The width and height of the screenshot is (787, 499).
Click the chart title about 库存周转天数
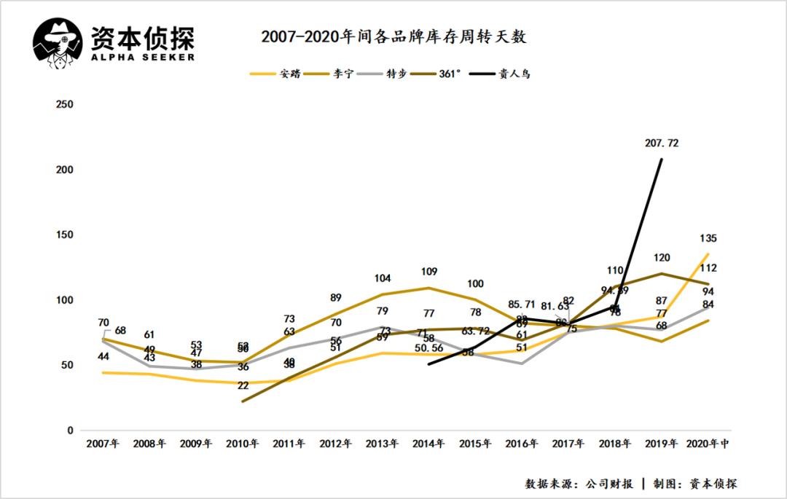point(393,37)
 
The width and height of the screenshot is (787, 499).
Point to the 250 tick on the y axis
point(65,104)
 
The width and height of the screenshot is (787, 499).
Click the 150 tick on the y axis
point(65,235)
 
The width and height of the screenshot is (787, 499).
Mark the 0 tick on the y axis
point(70,431)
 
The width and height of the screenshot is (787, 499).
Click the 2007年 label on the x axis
point(102,444)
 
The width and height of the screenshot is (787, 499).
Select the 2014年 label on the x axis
point(429,444)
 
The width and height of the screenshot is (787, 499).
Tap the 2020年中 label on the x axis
point(707,444)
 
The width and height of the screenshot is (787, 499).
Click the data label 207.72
point(662,144)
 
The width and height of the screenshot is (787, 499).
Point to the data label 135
point(708,238)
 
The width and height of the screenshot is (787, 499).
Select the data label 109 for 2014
point(429,272)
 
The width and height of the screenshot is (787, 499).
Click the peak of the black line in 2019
point(661,159)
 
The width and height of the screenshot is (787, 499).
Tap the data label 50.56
point(429,349)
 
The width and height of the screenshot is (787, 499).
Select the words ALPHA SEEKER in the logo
point(142,57)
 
